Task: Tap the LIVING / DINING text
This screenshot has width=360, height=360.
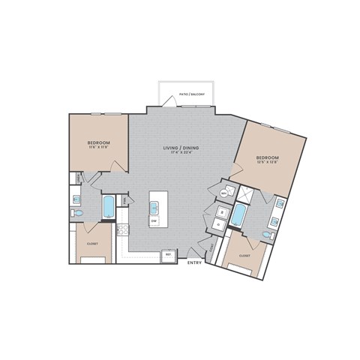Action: [179, 148]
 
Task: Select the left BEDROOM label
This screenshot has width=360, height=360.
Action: [98, 142]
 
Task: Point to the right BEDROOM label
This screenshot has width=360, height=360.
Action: [268, 157]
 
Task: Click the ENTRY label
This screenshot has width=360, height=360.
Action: [194, 262]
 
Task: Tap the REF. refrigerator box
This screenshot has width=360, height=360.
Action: [169, 255]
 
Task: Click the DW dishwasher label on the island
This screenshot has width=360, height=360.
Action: [154, 222]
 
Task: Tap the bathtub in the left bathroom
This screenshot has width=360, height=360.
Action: [109, 207]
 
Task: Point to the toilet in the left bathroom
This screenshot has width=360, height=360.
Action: [78, 214]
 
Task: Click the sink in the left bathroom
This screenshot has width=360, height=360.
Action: [76, 199]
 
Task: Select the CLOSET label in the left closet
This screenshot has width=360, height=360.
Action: [92, 243]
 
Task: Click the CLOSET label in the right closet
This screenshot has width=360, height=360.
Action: [244, 255]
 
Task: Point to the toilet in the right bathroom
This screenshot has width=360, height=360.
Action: [268, 234]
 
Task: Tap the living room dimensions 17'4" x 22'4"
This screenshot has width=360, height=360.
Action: [179, 154]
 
